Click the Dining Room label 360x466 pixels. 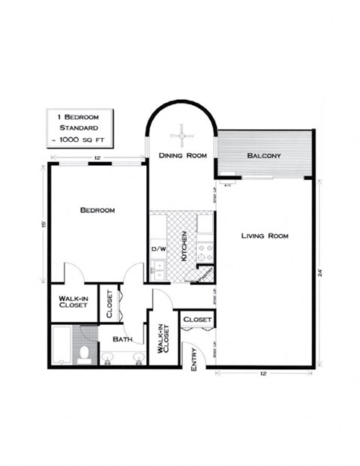click(182, 156)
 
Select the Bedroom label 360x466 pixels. click(97, 210)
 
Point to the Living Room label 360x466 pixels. click(265, 236)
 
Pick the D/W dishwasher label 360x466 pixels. click(158, 248)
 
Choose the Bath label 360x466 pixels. click(122, 339)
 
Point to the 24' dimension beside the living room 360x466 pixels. click(320, 274)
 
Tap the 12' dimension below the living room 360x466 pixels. click(264, 373)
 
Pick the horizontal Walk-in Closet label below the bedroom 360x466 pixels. click(73, 302)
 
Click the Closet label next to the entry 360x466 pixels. click(198, 320)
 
